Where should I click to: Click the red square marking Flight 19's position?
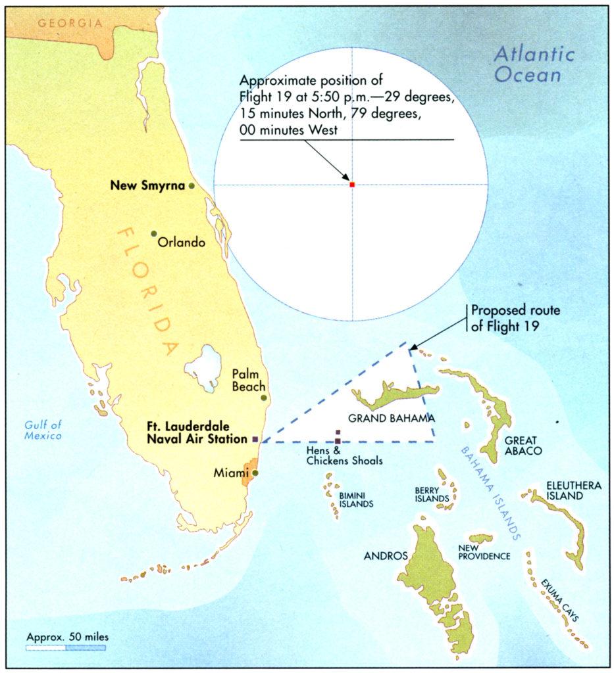tap(352, 185)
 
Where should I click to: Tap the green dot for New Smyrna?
tap(192, 186)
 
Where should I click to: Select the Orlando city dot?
tap(153, 233)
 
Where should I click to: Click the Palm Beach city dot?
tap(264, 398)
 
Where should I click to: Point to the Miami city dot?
tap(255, 472)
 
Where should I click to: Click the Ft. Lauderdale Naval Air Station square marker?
tap(256, 438)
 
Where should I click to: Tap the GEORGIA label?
tap(70, 23)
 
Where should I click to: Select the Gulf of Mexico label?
tap(43, 430)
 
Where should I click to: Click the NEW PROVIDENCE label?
tap(484, 551)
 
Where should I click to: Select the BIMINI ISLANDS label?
tap(356, 499)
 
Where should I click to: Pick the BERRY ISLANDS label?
tap(432, 494)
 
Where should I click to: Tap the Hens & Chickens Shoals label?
tap(344, 455)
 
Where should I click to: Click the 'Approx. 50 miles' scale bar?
tap(66, 647)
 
